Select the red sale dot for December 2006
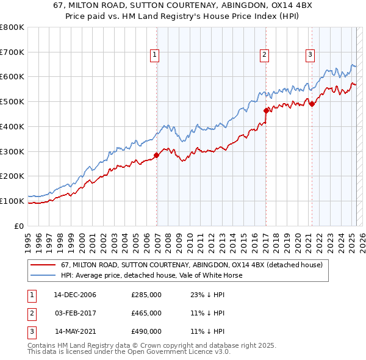click(157, 155)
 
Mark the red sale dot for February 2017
click(266, 110)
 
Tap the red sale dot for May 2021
click(312, 104)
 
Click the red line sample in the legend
click(43, 265)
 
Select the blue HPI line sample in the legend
click(43, 275)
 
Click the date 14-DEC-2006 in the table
click(75, 295)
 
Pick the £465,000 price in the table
click(146, 313)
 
